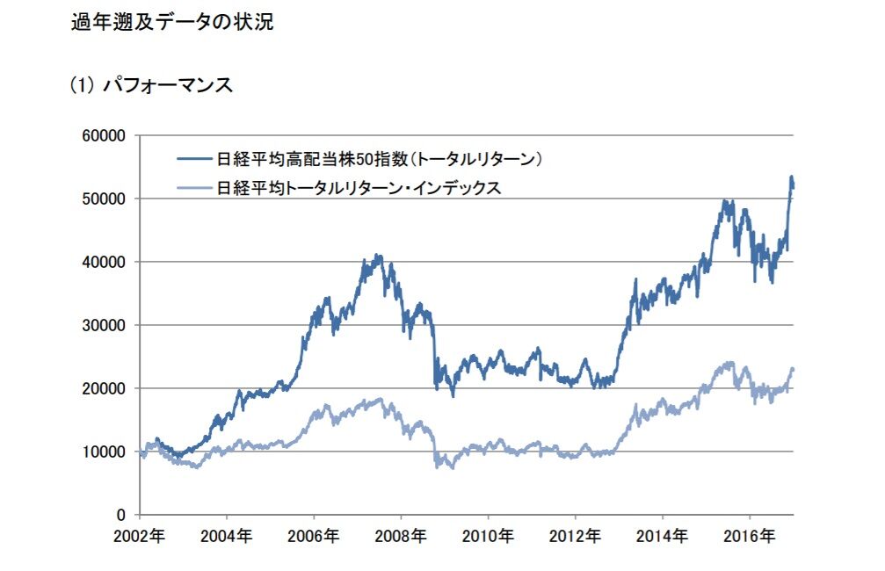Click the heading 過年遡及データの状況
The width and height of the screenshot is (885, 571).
(171, 23)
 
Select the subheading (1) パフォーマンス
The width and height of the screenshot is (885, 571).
(150, 85)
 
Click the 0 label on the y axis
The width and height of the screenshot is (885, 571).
(123, 515)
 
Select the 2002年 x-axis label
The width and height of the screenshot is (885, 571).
(141, 535)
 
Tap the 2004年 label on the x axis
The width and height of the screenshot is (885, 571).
(228, 535)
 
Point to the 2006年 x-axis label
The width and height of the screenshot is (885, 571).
(315, 535)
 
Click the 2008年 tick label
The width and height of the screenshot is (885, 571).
(402, 535)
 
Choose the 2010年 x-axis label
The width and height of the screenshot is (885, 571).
(489, 535)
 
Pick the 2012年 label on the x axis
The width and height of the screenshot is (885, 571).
(576, 535)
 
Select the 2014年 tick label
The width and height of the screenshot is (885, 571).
(663, 535)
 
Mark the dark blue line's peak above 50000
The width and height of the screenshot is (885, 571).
(791, 177)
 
